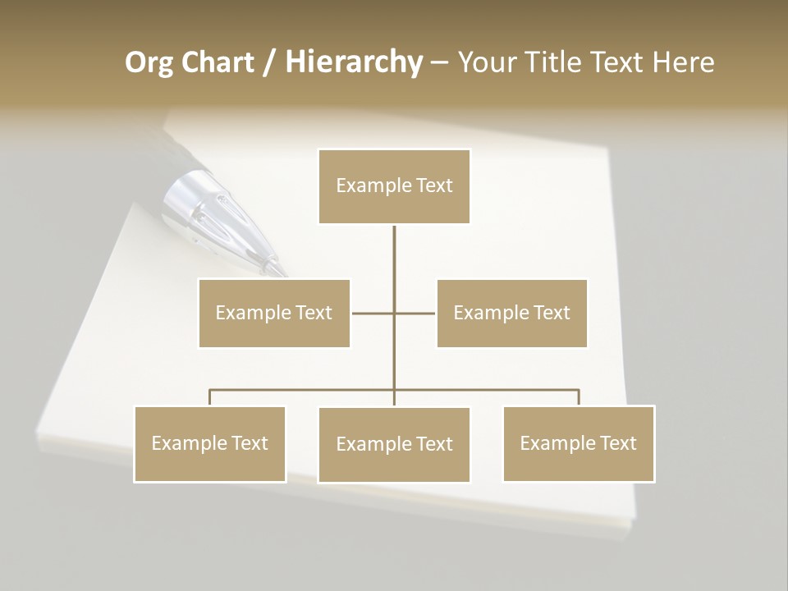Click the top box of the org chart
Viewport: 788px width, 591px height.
tap(394, 186)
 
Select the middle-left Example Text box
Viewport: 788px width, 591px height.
tap(274, 313)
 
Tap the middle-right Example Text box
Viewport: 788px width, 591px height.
tap(511, 313)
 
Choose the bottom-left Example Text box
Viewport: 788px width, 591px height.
tap(210, 443)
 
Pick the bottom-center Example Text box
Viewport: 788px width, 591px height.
tap(394, 444)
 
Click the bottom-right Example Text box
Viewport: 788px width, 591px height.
tap(579, 443)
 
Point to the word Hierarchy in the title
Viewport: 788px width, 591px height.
tap(354, 62)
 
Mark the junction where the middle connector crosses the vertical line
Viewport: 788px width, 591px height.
tap(394, 313)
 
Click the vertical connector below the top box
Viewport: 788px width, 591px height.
tap(394, 250)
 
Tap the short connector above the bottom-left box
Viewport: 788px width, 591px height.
tap(210, 397)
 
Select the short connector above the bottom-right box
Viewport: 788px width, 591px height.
tap(579, 397)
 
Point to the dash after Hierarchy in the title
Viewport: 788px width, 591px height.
tap(439, 63)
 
